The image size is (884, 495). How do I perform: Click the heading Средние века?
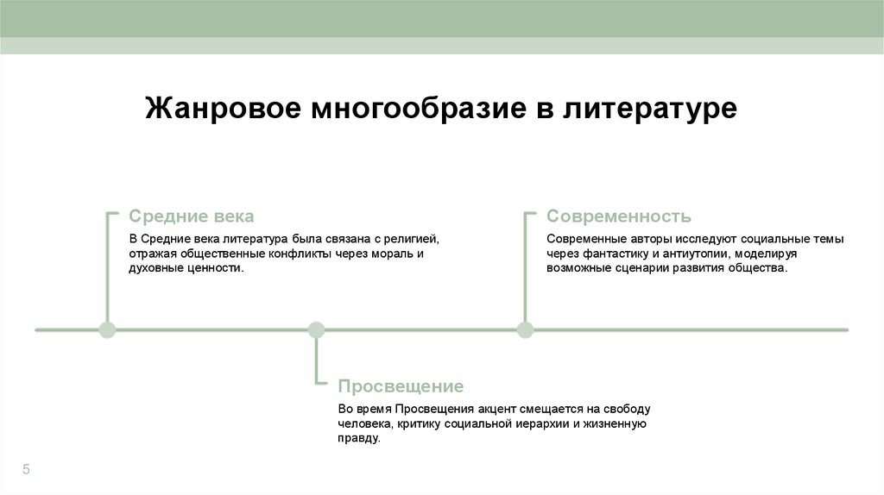(191, 216)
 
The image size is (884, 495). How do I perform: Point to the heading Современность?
(619, 216)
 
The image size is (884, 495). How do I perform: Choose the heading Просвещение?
(401, 385)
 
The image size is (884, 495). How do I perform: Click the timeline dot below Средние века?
(107, 329)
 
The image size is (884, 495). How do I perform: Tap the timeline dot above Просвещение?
(316, 329)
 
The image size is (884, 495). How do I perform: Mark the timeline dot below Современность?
(525, 329)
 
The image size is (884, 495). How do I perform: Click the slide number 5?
(26, 469)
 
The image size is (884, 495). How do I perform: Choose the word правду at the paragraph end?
(357, 438)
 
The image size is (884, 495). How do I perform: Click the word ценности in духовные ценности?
(213, 268)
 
